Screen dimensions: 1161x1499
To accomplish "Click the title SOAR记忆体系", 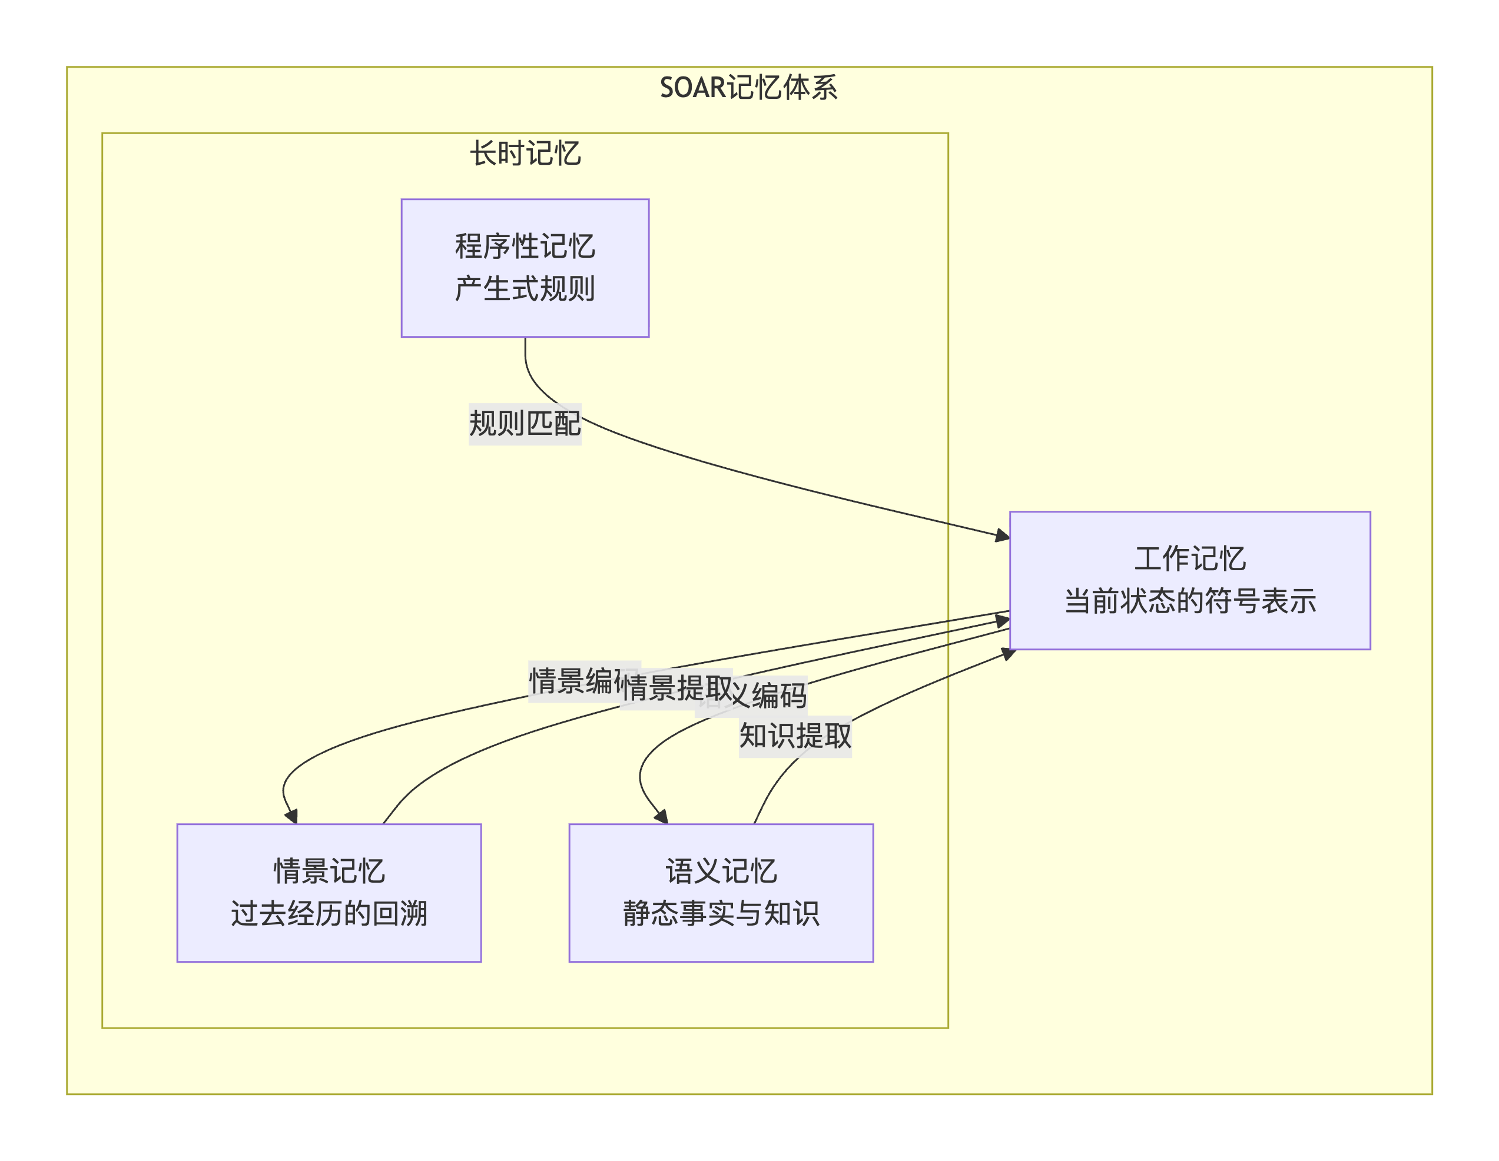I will coord(748,88).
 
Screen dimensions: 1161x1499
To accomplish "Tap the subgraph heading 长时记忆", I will coord(525,154).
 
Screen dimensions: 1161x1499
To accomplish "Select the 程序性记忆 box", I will coord(525,268).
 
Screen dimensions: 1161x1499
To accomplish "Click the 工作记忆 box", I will coord(1189,580).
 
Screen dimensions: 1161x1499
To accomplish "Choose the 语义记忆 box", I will coord(721,892).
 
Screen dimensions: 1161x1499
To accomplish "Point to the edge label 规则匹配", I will coord(525,423).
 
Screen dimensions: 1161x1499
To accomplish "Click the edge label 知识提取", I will coord(795,736).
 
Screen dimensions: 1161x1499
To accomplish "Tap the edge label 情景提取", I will coord(676,688).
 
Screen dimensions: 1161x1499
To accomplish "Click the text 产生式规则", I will coord(525,288).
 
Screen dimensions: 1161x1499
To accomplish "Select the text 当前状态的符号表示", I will coord(1189,601).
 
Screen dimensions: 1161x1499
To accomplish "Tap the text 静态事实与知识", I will coord(721,913).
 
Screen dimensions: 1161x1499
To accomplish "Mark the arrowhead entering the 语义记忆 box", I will coord(662,817).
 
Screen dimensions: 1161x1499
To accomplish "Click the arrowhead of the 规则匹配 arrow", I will coord(1003,535).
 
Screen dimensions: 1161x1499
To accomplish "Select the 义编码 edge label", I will coord(769,696).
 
